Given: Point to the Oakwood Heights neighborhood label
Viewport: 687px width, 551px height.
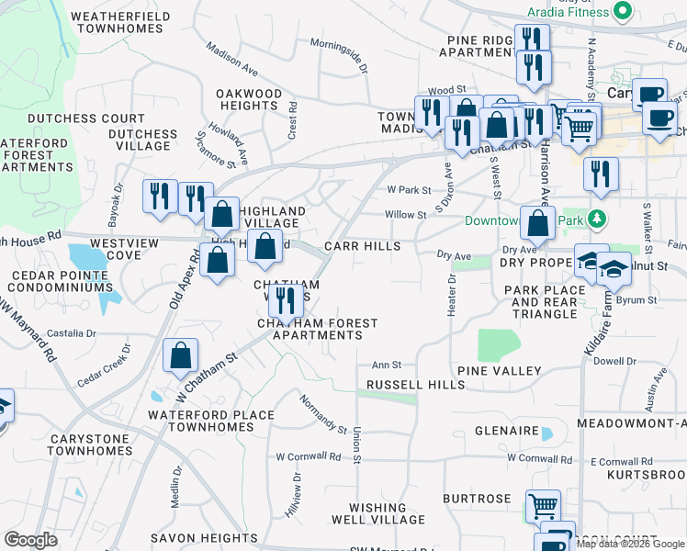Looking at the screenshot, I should tap(249, 100).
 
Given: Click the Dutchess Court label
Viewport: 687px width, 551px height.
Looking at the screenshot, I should tap(86, 119).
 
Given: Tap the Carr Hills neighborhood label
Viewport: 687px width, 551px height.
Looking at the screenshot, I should tap(362, 247).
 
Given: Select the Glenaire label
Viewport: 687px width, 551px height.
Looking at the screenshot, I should tap(505, 431).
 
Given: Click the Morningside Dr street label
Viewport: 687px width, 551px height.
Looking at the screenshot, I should tap(338, 55).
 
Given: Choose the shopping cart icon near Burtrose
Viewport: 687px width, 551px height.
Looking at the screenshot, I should tap(543, 506).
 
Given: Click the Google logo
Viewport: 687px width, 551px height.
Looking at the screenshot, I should tap(31, 540).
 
